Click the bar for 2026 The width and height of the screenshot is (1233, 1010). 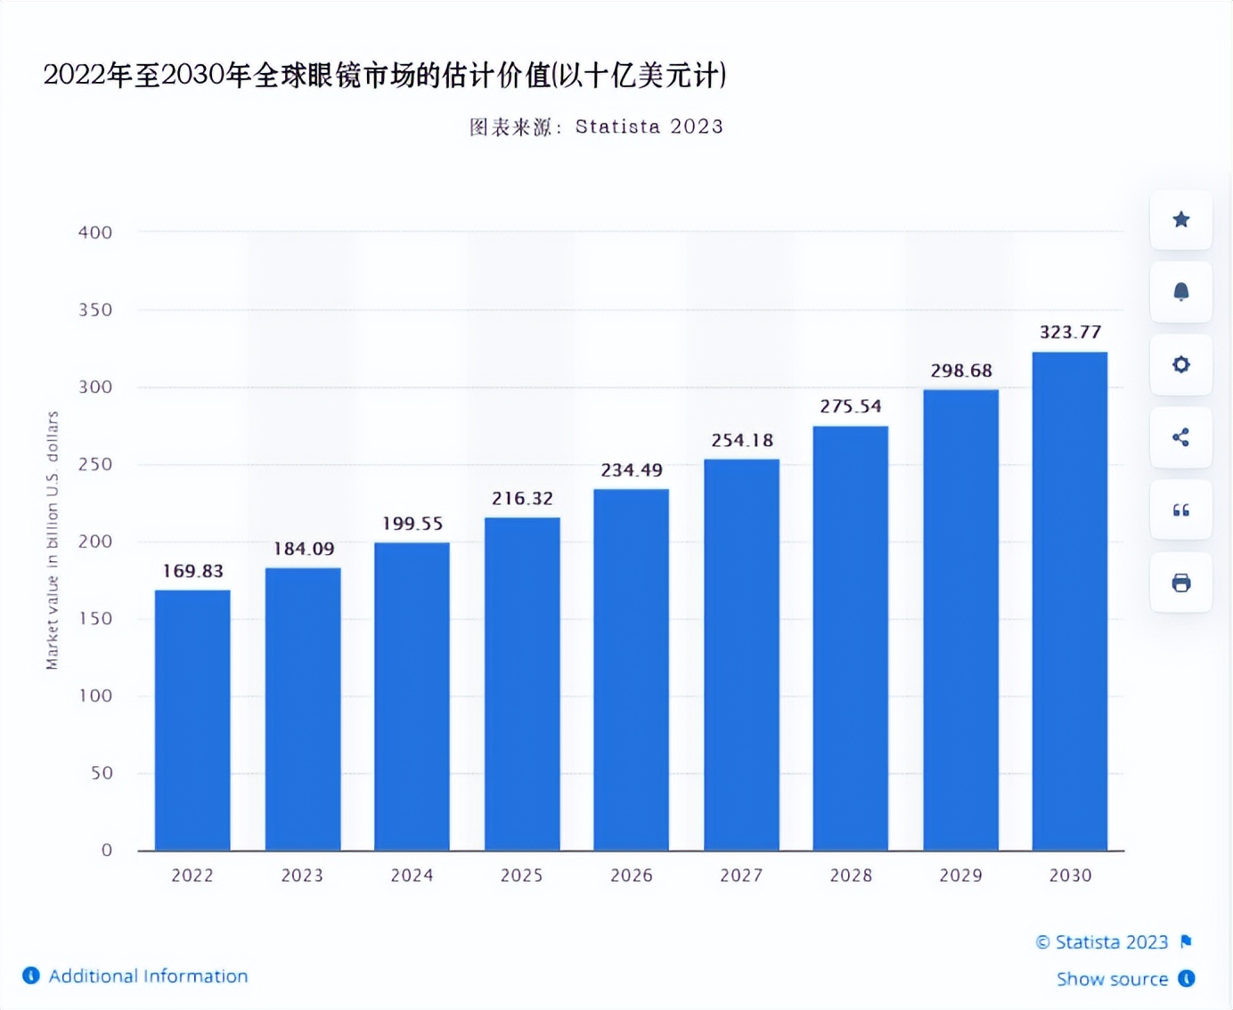[631, 670]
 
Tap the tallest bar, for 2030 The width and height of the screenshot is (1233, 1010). [1069, 601]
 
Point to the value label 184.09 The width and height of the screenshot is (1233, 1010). [304, 549]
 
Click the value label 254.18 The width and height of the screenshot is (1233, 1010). [742, 440]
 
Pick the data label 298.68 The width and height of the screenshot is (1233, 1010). [961, 371]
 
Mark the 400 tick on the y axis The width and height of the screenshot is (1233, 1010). [95, 232]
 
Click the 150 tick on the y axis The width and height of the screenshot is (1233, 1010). [95, 618]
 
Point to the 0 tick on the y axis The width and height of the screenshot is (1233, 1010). [107, 850]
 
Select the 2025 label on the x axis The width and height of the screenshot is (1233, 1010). [521, 876]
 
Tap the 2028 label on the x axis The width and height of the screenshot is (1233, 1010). [851, 876]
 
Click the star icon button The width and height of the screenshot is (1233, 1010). [1180, 220]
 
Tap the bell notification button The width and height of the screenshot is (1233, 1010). [1180, 292]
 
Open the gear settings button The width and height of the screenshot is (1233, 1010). [1180, 364]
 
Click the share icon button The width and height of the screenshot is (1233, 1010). [1180, 437]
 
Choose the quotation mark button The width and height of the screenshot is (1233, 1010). [1180, 510]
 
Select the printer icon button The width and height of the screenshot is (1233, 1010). [1180, 582]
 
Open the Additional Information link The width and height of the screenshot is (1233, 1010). [148, 976]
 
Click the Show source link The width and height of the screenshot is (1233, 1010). [1112, 979]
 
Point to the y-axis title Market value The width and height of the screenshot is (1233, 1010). [53, 541]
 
